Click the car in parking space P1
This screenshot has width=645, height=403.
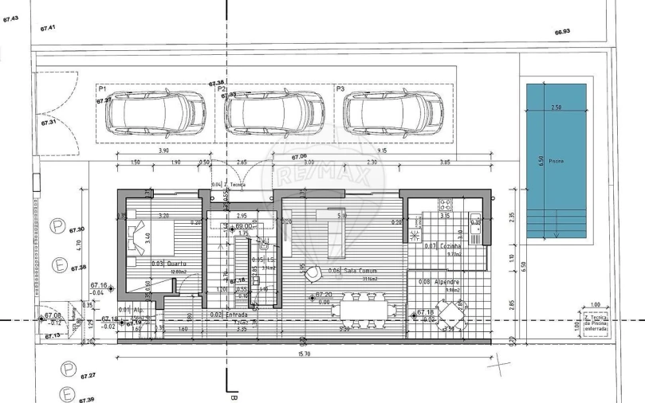click(155, 113)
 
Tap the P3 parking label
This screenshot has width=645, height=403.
click(340, 89)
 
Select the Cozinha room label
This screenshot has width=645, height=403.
click(449, 247)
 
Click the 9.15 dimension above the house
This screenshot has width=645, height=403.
click(383, 150)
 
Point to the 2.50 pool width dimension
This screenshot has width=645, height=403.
click(556, 107)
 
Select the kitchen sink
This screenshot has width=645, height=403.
click(476, 222)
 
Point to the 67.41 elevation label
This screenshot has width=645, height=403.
click(49, 28)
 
